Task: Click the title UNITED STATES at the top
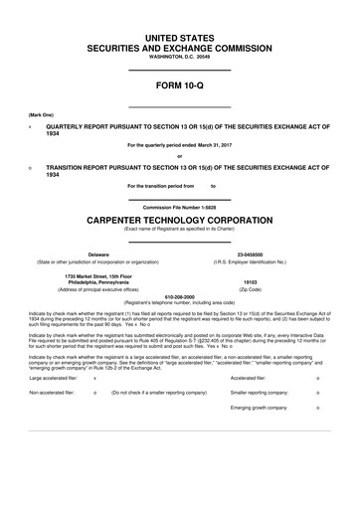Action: (x=180, y=36)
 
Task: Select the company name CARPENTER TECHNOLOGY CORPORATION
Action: (x=180, y=219)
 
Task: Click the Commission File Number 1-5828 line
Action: (x=180, y=207)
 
